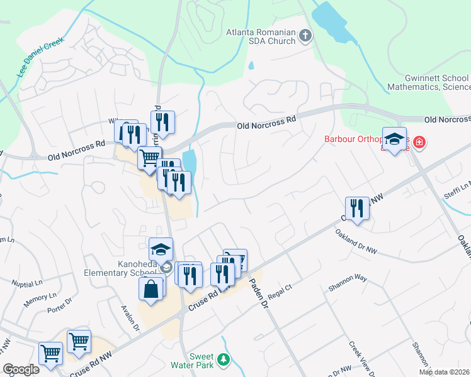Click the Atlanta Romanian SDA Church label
pyautogui.click(x=261, y=36)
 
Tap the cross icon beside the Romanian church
pyautogui.click(x=305, y=36)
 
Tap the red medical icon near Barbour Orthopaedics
pyautogui.click(x=418, y=145)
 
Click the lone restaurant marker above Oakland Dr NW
pyautogui.click(x=357, y=208)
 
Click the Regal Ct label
pyautogui.click(x=280, y=295)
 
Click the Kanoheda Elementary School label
pyautogui.click(x=120, y=268)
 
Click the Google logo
pyautogui.click(x=21, y=369)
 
